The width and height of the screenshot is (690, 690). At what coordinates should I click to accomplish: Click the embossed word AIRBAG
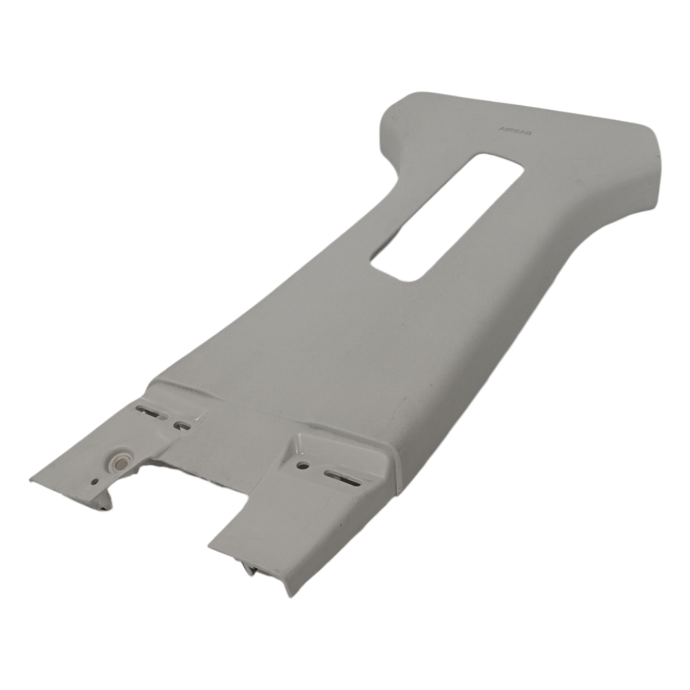click(x=515, y=131)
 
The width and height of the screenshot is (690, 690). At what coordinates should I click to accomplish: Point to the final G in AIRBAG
click(x=529, y=133)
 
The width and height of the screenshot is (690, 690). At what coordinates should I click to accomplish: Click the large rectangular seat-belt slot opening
click(x=447, y=218)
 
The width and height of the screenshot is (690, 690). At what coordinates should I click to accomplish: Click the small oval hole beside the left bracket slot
click(x=182, y=425)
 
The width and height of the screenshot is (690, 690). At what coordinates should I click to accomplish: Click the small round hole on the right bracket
click(x=304, y=466)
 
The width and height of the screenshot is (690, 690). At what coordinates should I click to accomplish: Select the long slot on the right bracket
click(x=343, y=479)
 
